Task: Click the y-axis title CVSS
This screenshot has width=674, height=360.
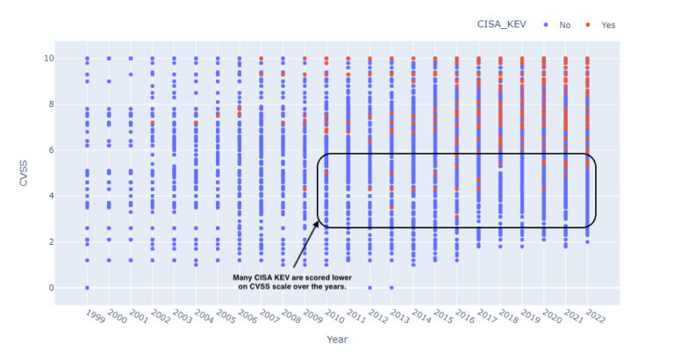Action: click(25, 173)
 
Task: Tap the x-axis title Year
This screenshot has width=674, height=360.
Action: click(337, 339)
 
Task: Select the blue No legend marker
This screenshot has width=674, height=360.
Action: click(548, 25)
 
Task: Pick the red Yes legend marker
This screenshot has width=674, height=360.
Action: click(589, 25)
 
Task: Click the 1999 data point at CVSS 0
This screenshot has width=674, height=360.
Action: click(87, 288)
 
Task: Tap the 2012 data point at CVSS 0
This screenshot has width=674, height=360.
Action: click(369, 288)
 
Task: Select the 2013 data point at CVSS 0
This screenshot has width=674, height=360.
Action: click(391, 288)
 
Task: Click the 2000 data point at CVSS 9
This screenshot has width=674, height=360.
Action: click(109, 81)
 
